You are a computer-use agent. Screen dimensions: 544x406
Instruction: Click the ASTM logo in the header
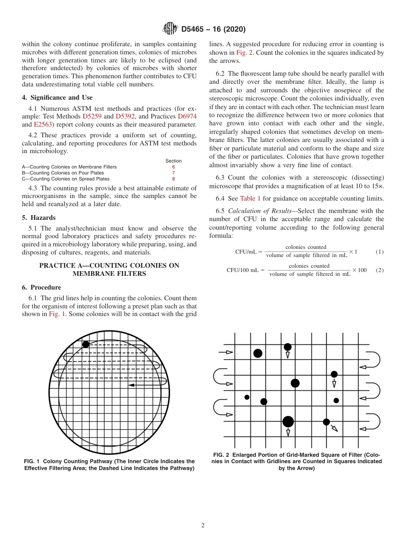pos(170,29)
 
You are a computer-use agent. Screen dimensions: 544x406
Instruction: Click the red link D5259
pos(92,116)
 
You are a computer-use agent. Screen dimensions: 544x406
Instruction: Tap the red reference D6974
pos(187,116)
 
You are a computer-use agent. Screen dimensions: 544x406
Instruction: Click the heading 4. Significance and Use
pos(57,98)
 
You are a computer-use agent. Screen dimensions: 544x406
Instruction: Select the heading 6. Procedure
pos(41,287)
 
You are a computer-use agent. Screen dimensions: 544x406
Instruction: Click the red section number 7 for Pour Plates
pos(174,173)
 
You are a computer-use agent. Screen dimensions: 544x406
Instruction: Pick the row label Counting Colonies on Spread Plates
pos(65,179)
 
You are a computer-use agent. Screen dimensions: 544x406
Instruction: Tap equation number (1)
pos(380,252)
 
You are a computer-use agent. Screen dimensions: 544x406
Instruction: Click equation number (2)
pos(380,270)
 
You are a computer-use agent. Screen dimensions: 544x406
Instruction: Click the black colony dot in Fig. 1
pos(86,344)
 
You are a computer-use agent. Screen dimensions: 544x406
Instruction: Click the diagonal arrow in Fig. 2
pos(334,428)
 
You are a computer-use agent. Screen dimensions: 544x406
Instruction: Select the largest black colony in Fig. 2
pos(288,422)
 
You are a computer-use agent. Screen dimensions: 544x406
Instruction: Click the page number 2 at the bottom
pos(203,526)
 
